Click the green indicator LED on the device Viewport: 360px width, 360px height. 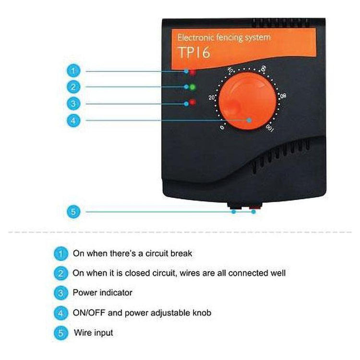[192, 87]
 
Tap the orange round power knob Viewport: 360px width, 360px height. [247, 101]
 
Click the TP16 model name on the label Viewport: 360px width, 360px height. [194, 53]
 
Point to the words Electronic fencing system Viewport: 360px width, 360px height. [224, 37]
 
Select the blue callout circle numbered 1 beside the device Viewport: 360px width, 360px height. [73, 71]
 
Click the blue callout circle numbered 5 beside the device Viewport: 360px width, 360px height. [73, 212]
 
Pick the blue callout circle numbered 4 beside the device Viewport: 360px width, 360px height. [73, 120]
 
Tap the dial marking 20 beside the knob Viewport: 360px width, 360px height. [212, 97]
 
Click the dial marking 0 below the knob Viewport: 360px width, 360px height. [222, 127]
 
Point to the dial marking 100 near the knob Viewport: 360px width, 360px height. [270, 128]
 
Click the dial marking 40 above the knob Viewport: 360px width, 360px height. [230, 70]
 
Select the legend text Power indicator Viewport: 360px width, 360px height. [102, 292]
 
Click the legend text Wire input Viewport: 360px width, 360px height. [93, 333]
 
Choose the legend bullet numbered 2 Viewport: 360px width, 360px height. [60, 273]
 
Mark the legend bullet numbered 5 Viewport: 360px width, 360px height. [60, 333]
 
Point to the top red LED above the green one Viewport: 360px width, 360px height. [192, 72]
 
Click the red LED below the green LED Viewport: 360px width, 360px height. [192, 102]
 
